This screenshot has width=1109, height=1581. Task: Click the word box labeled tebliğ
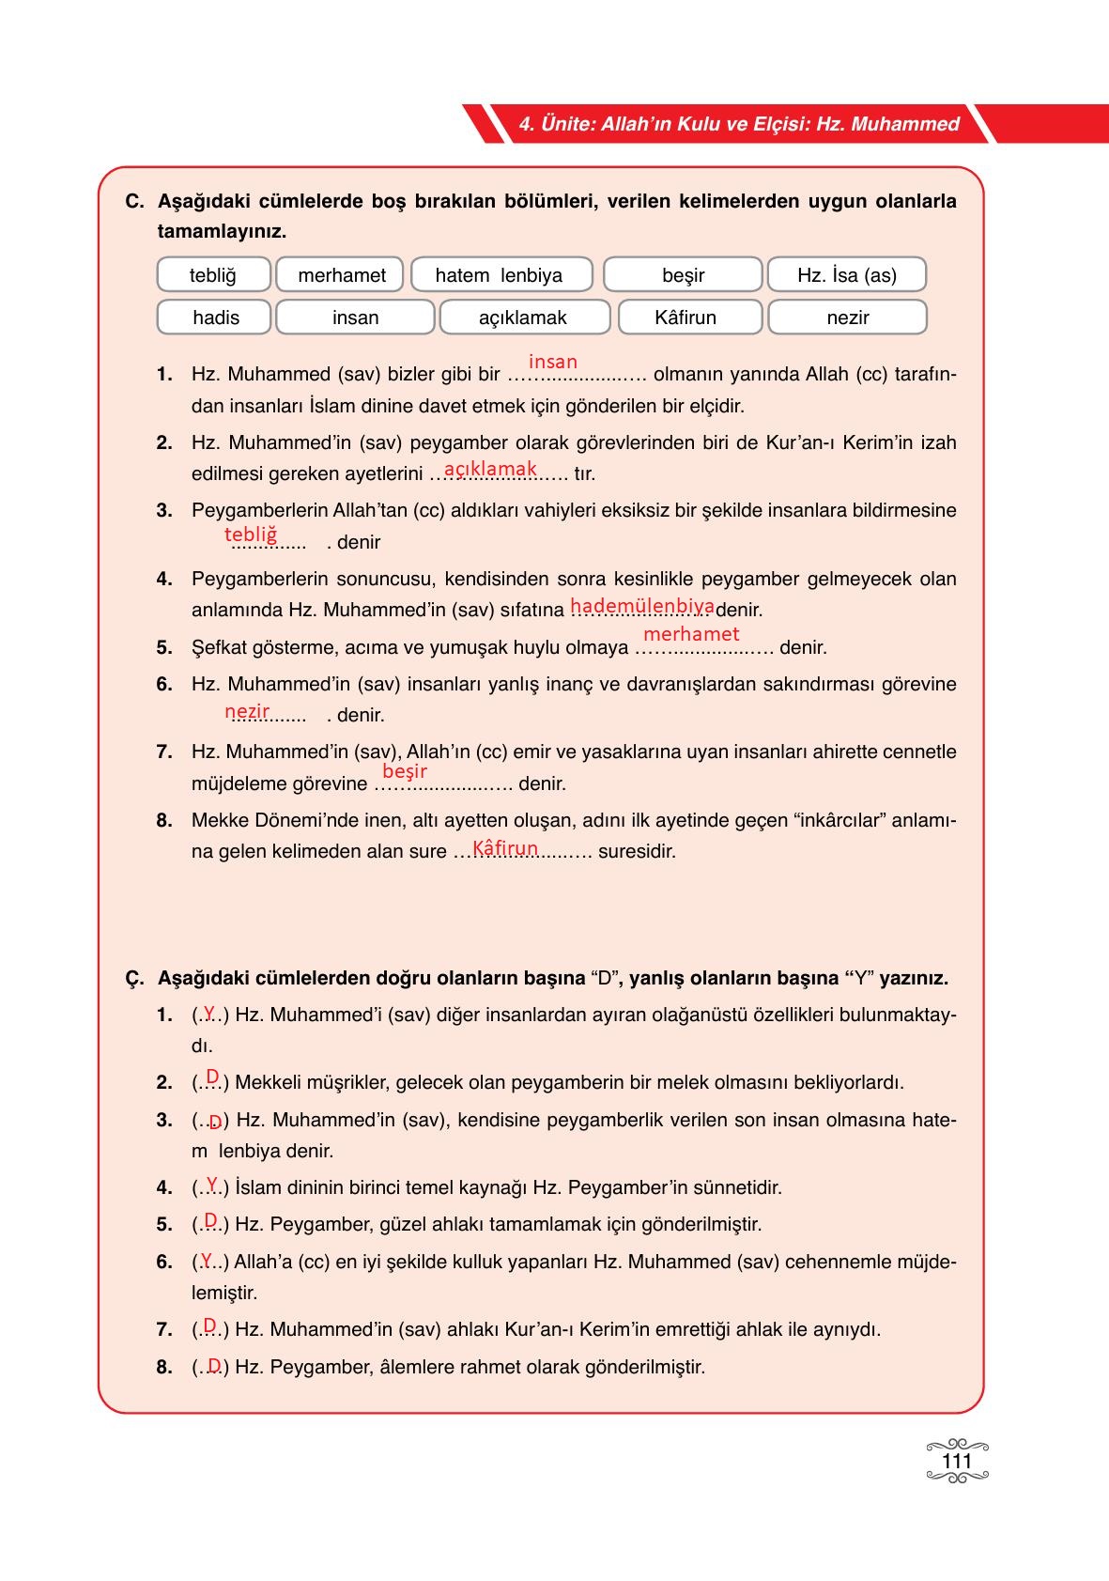coord(213,275)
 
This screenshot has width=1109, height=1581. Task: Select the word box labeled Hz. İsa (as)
coord(846,275)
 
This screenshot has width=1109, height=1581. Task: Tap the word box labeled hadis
coord(215,318)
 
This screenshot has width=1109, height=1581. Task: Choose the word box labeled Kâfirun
coord(685,318)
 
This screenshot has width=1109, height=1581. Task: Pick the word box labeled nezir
coord(847,318)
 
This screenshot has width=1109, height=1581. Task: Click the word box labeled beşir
coord(683,275)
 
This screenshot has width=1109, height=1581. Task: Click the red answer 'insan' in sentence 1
coord(553,362)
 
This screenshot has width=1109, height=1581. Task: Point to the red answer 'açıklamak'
coord(490,469)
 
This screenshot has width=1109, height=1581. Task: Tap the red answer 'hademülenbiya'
coord(642,606)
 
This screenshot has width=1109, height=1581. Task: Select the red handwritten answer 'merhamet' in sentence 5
coord(691,634)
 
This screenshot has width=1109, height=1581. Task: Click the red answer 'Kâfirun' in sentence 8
coord(505,848)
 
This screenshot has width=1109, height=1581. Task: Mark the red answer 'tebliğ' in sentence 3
coord(251,535)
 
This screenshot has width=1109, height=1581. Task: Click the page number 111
coord(956,1462)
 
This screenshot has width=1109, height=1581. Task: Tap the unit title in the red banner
coord(739,124)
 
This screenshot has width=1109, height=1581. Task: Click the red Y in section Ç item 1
coord(209,1012)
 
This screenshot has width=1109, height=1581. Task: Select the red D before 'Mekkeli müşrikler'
coord(212,1077)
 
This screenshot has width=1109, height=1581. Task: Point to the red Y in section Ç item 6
coord(208,1259)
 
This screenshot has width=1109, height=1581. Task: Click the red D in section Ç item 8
coord(214,1365)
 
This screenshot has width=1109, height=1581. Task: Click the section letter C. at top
coord(134,201)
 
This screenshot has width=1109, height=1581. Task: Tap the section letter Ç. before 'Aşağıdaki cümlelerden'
coord(134,978)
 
